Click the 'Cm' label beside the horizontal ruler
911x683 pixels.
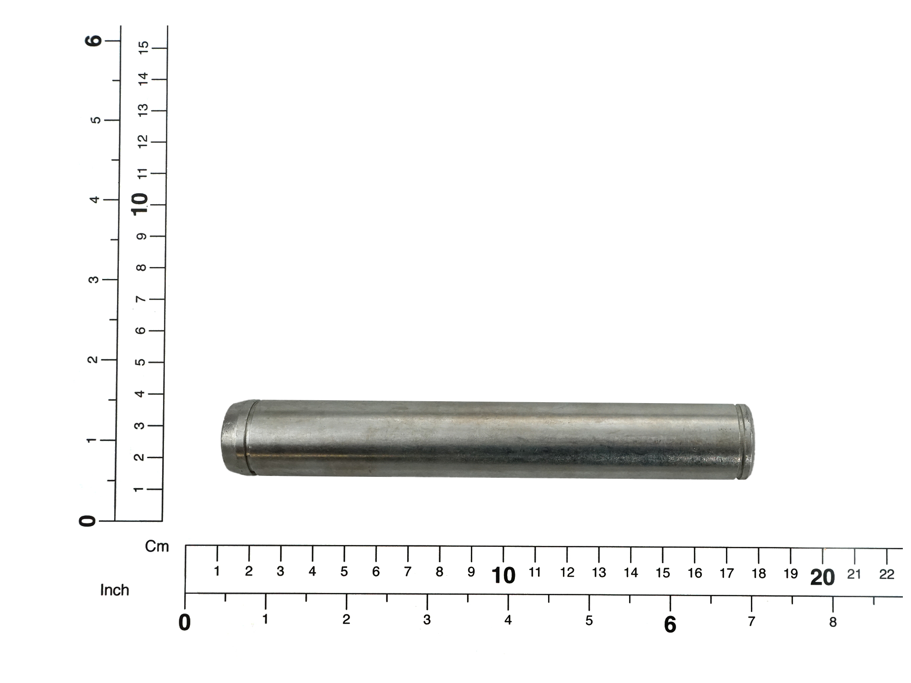tap(157, 547)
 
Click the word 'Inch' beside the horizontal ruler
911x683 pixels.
tap(115, 590)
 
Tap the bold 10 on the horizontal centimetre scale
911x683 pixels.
tap(503, 576)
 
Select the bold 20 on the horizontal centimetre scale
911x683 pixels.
tap(823, 578)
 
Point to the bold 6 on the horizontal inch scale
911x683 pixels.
tap(670, 625)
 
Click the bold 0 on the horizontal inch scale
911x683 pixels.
tap(185, 623)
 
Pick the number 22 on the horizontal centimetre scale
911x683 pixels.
tap(887, 574)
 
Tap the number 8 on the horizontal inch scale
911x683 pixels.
tap(833, 622)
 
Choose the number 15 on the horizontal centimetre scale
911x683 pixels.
tap(663, 573)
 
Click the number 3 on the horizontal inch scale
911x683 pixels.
tap(427, 620)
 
